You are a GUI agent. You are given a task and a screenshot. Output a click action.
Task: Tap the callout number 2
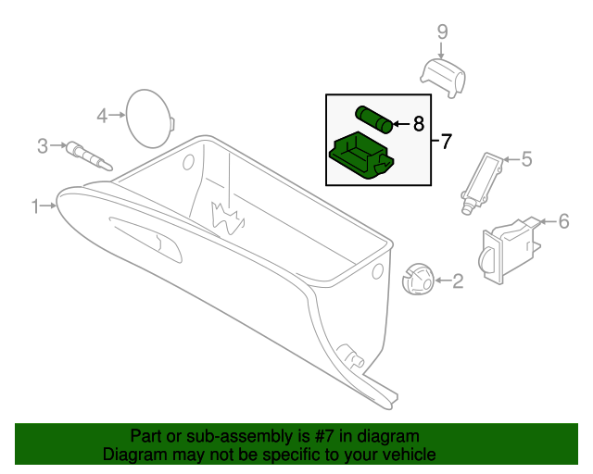457,281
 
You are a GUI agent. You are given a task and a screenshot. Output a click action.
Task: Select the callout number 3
42,145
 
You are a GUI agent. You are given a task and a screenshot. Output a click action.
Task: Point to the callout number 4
102,116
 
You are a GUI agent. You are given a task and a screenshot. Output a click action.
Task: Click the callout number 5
526,159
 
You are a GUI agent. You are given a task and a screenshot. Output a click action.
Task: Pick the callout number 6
561,220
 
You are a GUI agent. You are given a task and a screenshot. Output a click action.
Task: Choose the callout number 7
446,142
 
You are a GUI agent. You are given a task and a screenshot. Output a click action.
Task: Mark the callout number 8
418,122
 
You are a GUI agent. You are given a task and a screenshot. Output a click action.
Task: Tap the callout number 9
442,32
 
